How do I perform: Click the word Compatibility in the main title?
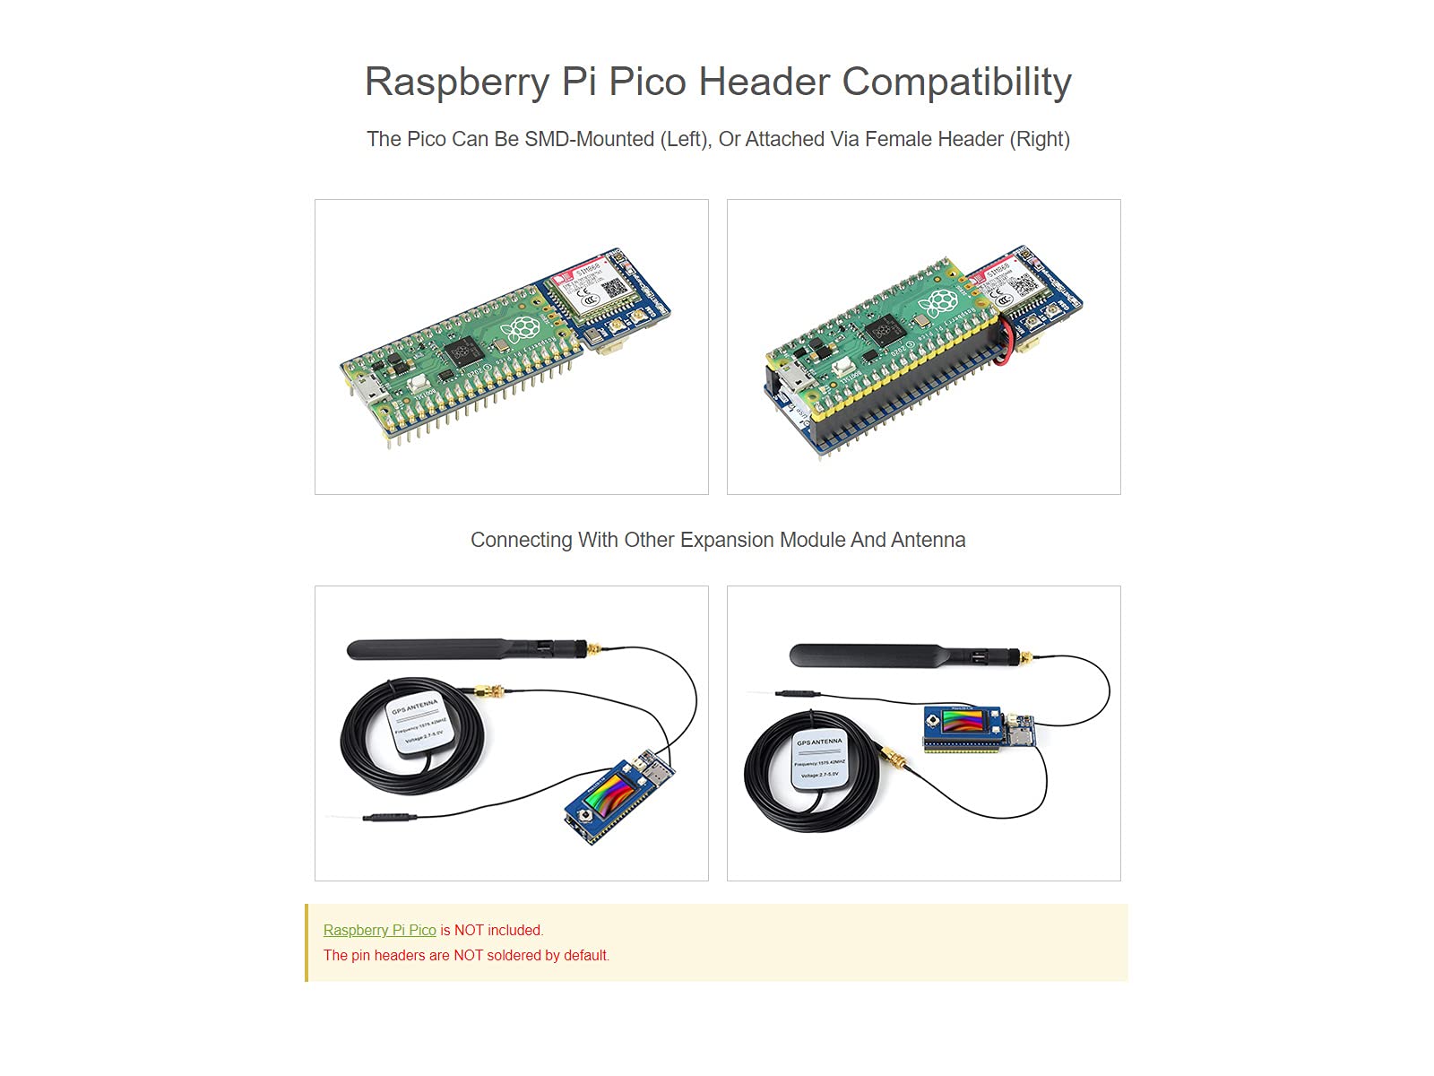[956, 82]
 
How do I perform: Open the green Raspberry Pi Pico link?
[379, 931]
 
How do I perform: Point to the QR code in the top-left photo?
[614, 288]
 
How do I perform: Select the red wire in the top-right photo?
[1007, 340]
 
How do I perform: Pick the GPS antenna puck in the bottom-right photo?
[819, 759]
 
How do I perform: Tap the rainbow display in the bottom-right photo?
[964, 722]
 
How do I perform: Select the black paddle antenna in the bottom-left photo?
[448, 649]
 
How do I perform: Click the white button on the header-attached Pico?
[840, 368]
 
